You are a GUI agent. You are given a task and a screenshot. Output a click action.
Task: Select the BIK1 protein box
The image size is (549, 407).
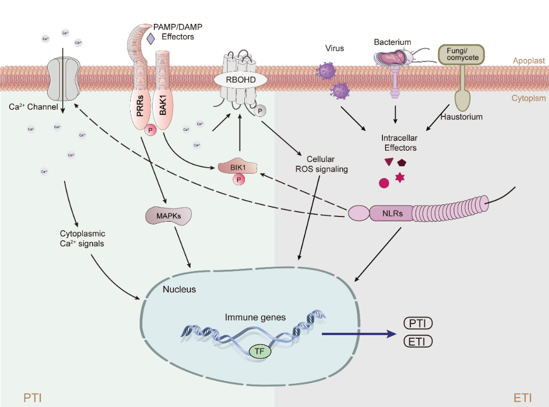pyautogui.click(x=238, y=168)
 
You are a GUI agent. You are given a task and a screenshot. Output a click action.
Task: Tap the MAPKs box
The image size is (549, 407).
pyautogui.click(x=168, y=216)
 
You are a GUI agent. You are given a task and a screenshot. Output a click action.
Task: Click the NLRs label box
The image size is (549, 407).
pyautogui.click(x=391, y=214)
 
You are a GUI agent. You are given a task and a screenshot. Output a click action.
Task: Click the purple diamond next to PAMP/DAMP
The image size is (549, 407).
pyautogui.click(x=151, y=38)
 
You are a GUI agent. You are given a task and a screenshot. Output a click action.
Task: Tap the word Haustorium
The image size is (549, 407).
pyautogui.click(x=461, y=117)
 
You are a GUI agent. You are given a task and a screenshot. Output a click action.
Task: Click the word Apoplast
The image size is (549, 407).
pyautogui.click(x=528, y=61)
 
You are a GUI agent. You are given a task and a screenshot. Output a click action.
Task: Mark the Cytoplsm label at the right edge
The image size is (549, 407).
pyautogui.click(x=528, y=98)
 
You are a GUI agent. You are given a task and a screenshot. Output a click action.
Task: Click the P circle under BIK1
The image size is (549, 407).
pyautogui.click(x=240, y=180)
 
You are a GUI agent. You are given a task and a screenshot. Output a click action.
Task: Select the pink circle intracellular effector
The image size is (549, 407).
pyautogui.click(x=385, y=183)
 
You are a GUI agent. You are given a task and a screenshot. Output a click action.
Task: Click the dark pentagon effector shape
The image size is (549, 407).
pyautogui.click(x=402, y=163)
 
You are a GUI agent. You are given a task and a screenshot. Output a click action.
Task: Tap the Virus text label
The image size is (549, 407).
pyautogui.click(x=334, y=48)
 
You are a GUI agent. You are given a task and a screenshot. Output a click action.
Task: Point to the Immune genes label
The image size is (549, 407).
pyautogui.click(x=255, y=318)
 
